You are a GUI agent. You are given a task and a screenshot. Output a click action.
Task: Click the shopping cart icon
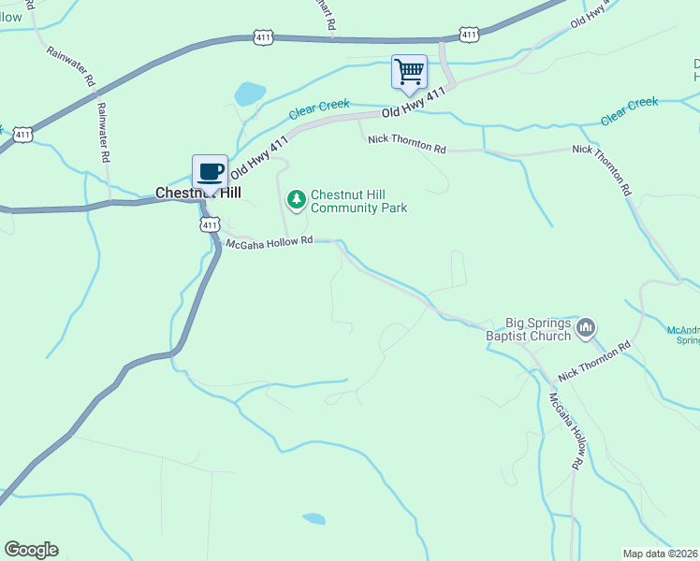point(409,72)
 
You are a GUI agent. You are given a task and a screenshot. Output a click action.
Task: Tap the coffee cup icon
point(210,171)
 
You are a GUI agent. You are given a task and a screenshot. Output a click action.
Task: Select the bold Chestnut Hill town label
point(197,193)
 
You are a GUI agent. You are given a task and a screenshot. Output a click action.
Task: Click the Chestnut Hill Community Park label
point(358,201)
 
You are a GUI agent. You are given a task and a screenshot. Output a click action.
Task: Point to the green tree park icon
point(297,198)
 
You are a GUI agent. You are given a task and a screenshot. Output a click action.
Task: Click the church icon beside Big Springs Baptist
point(587,326)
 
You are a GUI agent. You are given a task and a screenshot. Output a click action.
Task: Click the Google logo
point(31,550)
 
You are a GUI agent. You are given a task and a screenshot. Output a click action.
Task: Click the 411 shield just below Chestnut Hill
point(210,224)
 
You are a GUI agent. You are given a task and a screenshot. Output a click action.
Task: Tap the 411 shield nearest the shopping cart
point(469,35)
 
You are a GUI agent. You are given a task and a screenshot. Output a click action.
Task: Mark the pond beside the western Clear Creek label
point(250,93)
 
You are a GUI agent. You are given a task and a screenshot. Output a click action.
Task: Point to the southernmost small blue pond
point(314,518)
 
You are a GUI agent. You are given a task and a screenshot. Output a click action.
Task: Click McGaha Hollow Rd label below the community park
point(269,242)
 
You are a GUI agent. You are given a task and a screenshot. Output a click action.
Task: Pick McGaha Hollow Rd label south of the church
point(567,431)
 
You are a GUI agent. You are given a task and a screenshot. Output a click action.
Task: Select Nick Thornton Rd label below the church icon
point(594,361)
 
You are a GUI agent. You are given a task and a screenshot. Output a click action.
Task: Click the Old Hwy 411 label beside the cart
point(412,104)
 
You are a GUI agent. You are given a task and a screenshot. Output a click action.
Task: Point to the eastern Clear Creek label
point(629,110)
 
